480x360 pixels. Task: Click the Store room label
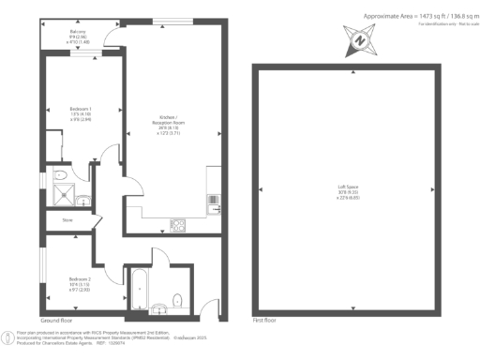click(x=67, y=221)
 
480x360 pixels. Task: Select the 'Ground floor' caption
click(x=58, y=320)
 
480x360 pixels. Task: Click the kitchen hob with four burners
click(x=175, y=224)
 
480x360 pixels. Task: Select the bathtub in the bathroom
click(x=140, y=290)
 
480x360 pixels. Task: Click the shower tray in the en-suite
click(x=63, y=194)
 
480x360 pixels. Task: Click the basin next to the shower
click(x=83, y=198)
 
